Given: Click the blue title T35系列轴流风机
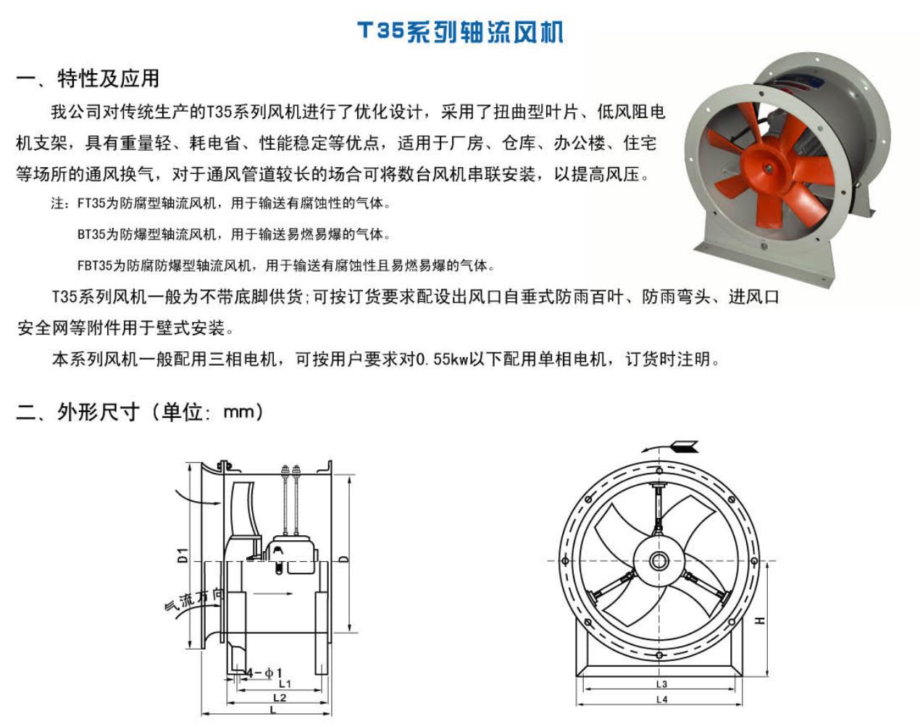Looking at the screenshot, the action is [x=461, y=32].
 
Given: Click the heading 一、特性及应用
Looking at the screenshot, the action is [x=88, y=79].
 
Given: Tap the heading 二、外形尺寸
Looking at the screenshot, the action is [x=78, y=412].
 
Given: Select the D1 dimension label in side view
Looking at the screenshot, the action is [x=183, y=555].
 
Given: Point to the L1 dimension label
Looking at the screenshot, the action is [x=285, y=684].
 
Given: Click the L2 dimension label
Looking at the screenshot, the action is [x=280, y=698].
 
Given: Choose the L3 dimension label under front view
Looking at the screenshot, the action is [x=661, y=684].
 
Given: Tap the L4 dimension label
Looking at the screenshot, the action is [x=661, y=699].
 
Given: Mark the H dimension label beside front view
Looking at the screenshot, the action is [x=760, y=620].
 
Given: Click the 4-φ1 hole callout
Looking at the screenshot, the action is [x=264, y=673].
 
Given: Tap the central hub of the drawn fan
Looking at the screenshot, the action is [x=658, y=560].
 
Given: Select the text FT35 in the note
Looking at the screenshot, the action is [x=91, y=203].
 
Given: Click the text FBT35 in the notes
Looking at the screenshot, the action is [x=94, y=266].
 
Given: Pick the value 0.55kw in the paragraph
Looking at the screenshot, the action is [x=442, y=359].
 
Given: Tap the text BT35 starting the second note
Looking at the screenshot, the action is [x=91, y=234].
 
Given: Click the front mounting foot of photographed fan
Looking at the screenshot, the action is [x=765, y=261].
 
